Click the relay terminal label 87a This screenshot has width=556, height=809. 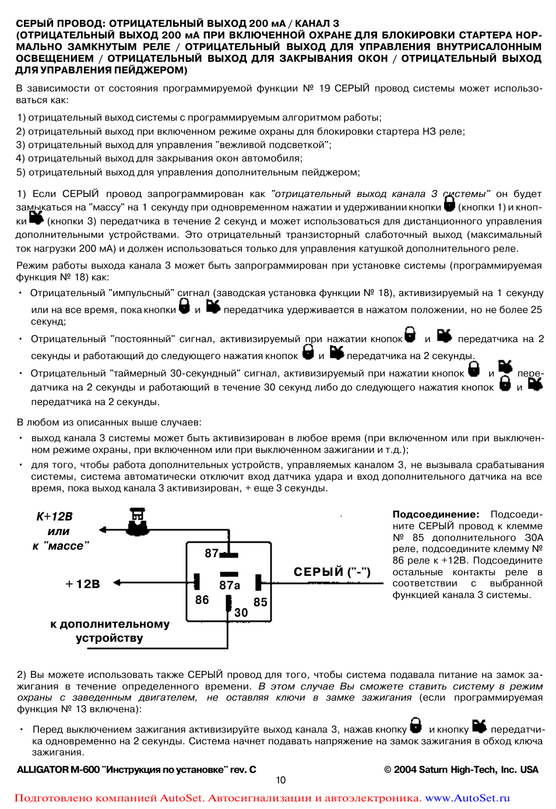point(230,585)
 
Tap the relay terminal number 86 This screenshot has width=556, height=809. point(202,600)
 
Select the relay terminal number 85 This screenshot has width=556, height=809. point(261,602)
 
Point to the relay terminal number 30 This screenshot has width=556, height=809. point(241,613)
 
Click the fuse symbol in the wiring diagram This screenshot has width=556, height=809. point(138,521)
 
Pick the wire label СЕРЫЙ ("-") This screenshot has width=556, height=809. point(332,572)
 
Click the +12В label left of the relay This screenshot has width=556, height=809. point(83,584)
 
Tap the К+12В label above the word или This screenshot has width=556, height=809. point(55,516)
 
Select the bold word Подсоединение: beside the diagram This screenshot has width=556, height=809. point(436,515)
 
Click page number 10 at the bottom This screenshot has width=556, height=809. point(281,780)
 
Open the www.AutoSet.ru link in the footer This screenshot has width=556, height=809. point(467,798)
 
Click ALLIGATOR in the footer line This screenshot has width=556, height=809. point(43,770)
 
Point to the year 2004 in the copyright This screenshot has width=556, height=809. point(405,770)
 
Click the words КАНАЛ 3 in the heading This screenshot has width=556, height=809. point(317,24)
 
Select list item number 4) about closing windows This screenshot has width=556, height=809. point(159,159)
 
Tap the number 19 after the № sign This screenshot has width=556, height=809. point(324,89)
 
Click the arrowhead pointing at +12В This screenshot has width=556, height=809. point(117,582)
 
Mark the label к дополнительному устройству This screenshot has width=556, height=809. point(110,631)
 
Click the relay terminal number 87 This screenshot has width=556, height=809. point(212,553)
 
